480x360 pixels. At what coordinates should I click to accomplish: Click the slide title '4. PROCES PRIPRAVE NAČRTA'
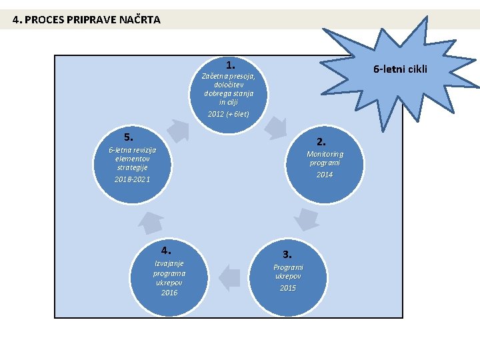pos(87,19)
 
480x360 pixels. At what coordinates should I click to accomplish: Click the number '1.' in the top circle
pos(230,65)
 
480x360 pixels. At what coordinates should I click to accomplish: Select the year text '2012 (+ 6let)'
pos(229,114)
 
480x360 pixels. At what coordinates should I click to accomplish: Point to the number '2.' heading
pos(322,141)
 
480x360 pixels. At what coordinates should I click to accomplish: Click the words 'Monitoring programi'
pos(325,158)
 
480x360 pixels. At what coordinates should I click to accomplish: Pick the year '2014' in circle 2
pos(325,175)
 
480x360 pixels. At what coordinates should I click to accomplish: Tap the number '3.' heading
pos(287,254)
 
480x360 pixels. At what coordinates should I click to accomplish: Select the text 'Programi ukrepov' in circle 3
pos(288,271)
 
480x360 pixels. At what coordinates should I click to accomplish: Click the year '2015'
pos(288,288)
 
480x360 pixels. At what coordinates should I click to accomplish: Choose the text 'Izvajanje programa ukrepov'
pos(169,273)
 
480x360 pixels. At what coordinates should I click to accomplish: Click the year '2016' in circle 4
pos(169,293)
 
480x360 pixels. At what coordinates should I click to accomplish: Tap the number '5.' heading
pos(129,137)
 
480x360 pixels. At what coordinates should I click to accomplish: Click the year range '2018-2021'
pos(132,180)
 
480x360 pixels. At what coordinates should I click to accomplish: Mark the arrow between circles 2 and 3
pos(307,219)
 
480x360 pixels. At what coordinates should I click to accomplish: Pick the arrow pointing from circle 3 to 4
pos(229,277)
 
